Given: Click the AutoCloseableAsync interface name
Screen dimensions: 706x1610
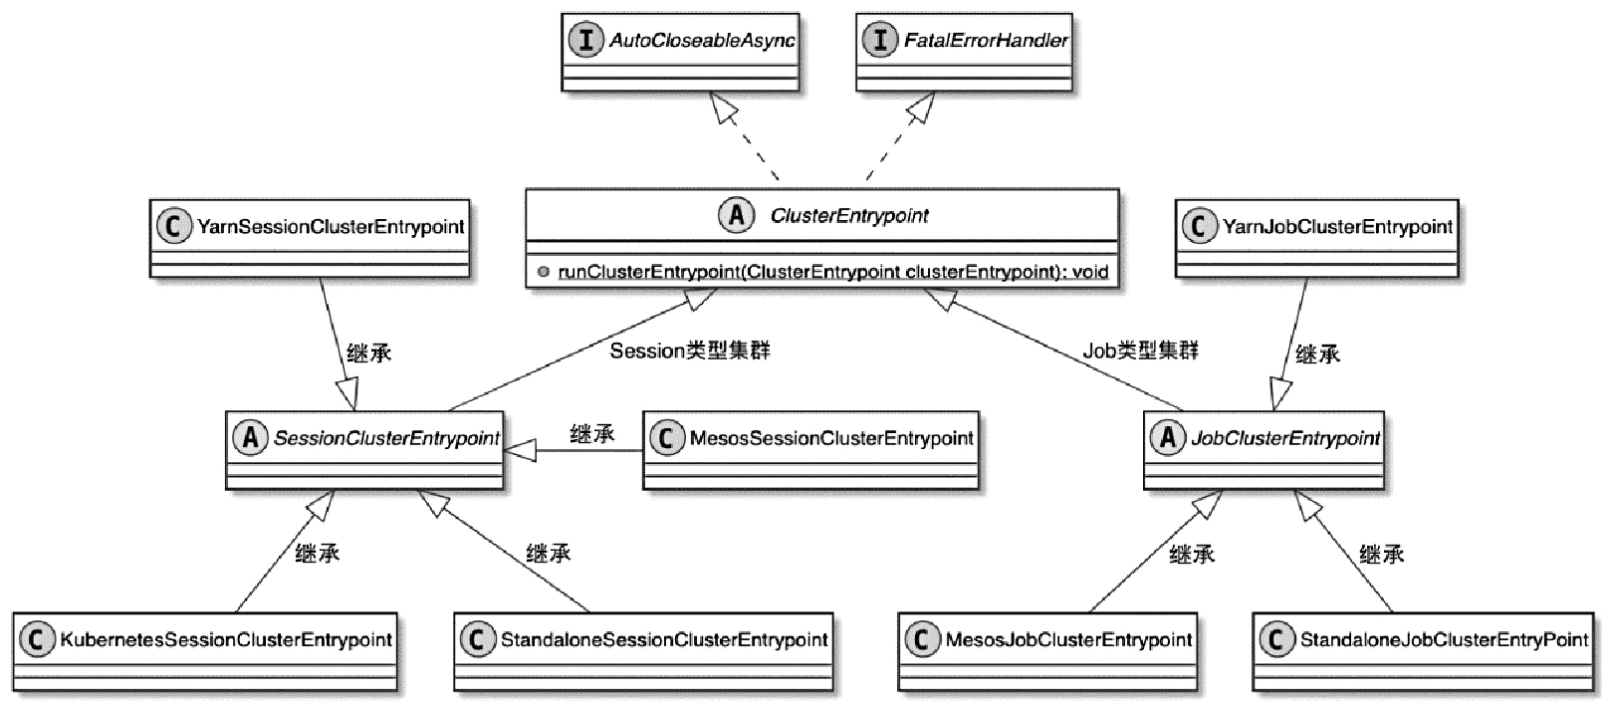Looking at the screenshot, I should pos(702,41).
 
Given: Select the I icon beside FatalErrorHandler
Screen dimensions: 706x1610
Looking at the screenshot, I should pos(879,41).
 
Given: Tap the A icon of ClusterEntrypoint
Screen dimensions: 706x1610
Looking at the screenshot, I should pos(737,215).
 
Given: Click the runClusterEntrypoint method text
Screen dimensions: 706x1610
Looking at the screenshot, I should pos(832,271).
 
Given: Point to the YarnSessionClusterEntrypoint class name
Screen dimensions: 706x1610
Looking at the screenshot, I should pos(331,227).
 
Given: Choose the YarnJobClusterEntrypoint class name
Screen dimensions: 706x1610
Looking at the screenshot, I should pos(1337,227).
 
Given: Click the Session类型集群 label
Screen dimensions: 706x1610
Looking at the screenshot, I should pos(689,351).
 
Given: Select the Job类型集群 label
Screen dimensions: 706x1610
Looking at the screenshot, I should pos(1140,351).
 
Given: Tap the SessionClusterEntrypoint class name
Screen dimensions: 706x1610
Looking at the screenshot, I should pos(386,438).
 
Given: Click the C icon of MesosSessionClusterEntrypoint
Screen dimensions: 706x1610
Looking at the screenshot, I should pos(666,438).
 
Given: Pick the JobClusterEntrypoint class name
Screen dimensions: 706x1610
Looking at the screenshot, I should pos(1285,438).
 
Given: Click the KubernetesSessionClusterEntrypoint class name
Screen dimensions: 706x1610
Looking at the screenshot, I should pos(226,639).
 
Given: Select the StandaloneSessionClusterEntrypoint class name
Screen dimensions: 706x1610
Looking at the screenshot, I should pos(664,639).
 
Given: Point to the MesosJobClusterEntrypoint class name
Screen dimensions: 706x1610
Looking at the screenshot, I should pos(1068,639).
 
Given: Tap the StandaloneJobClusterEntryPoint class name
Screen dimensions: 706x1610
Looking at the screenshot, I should pos(1444,639).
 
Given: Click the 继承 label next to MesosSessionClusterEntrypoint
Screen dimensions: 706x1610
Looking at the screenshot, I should pos(591,434).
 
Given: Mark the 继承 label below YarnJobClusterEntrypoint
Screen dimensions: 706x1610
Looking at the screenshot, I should pos(1317,353).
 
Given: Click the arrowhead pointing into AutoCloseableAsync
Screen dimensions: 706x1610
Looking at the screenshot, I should pos(724,107).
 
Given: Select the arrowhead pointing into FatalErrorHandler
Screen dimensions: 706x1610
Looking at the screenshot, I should pos(920,107).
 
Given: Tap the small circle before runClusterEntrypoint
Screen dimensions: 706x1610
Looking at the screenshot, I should pos(544,271).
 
